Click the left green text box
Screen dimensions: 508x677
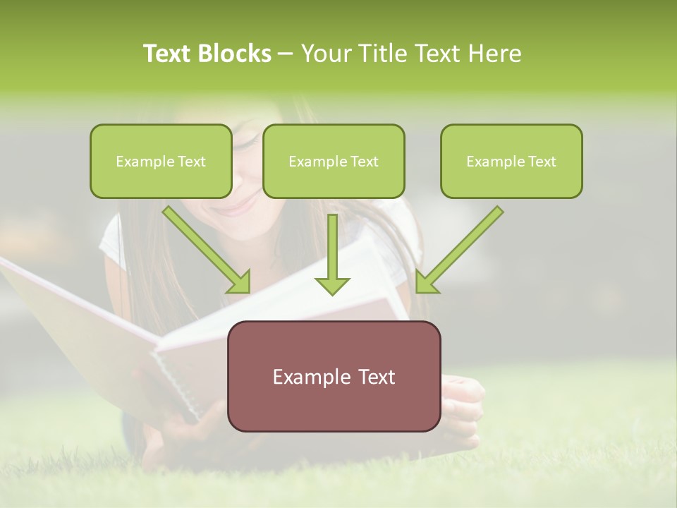tap(161, 162)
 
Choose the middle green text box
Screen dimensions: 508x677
tap(334, 162)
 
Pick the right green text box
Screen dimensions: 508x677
tap(511, 162)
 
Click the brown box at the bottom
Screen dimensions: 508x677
tap(334, 376)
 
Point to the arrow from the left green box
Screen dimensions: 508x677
tap(207, 250)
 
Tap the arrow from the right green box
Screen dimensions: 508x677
tap(460, 250)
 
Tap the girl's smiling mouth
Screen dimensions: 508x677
tap(238, 206)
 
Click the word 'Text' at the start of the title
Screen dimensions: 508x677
tap(169, 54)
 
